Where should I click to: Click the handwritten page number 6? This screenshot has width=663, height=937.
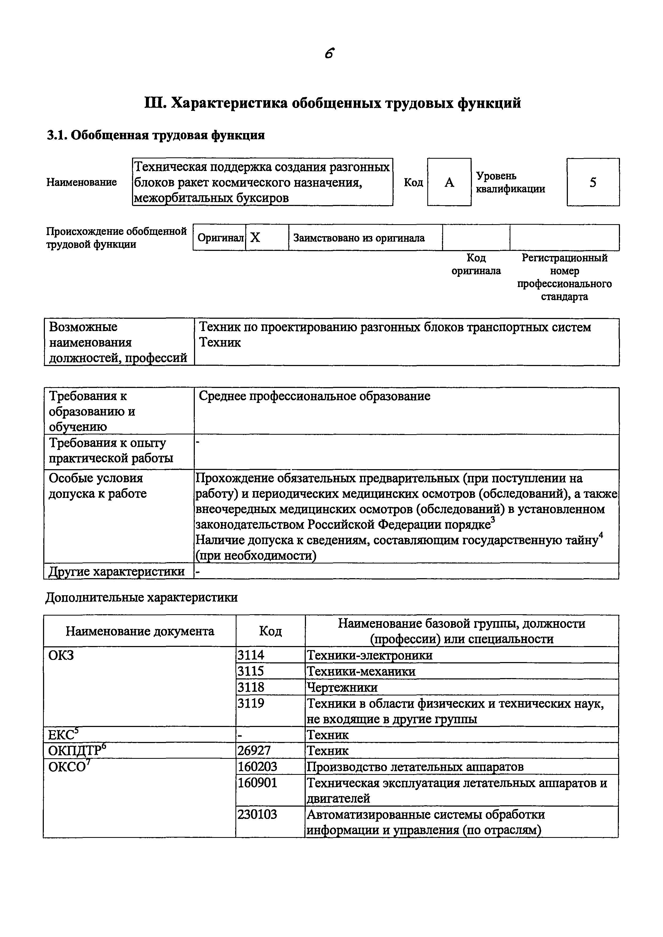click(x=330, y=53)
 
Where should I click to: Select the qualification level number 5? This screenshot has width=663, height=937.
click(x=593, y=182)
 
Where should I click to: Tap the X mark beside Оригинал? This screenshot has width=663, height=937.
click(x=255, y=238)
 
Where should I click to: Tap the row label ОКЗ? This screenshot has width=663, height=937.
click(x=61, y=655)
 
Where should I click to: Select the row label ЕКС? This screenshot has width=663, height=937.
click(x=62, y=734)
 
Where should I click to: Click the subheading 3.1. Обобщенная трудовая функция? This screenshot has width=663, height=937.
click(x=156, y=135)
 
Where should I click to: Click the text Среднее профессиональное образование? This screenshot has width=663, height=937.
click(x=314, y=396)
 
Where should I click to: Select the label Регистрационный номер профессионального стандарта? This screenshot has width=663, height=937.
click(x=564, y=277)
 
